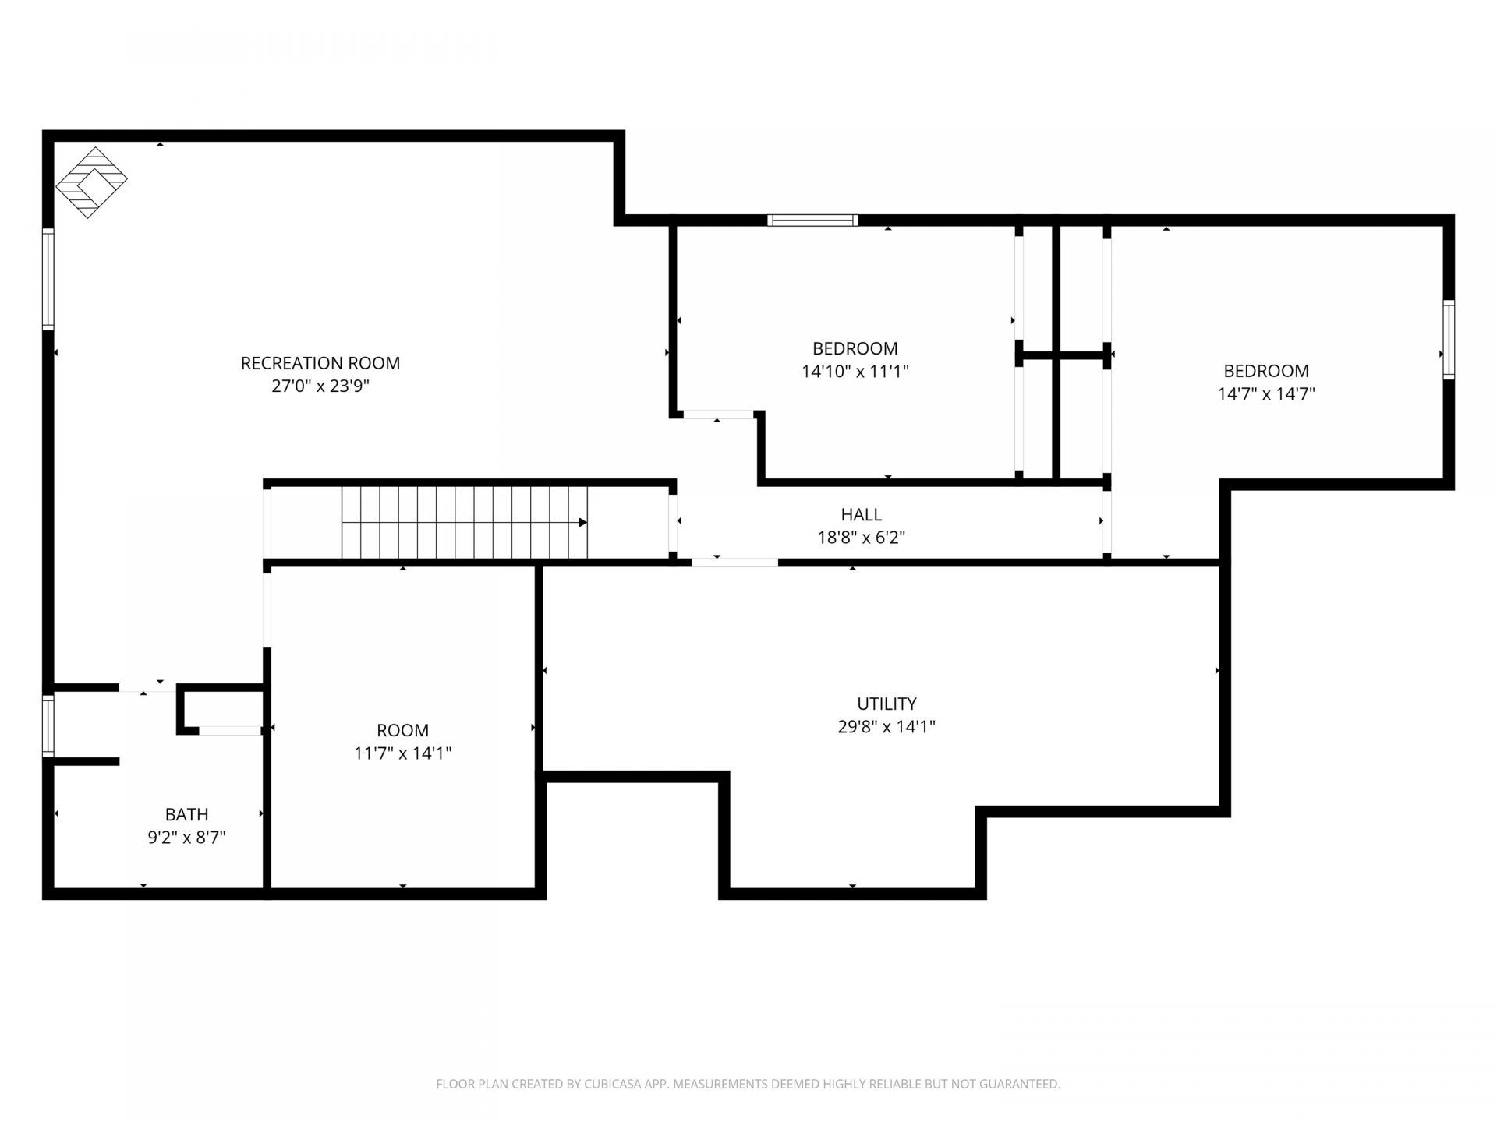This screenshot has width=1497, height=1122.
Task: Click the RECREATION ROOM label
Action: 320,363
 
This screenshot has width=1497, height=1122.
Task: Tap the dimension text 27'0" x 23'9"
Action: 320,386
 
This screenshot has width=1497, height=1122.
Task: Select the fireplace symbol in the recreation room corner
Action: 91,182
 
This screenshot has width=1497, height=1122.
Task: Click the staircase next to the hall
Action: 465,522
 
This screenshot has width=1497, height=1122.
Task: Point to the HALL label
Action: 862,514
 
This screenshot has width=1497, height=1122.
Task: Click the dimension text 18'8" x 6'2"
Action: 862,538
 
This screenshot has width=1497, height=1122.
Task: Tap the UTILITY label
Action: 887,704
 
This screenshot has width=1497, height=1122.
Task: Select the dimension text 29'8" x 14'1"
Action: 887,727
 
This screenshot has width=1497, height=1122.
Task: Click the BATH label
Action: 186,814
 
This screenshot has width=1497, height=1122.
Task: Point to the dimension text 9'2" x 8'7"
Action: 186,838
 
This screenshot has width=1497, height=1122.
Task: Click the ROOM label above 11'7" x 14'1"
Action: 402,730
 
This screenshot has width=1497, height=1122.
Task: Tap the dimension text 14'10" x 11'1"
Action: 855,372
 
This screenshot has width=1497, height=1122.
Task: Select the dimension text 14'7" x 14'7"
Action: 1266,394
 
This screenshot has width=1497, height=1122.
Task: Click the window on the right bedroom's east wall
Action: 1449,340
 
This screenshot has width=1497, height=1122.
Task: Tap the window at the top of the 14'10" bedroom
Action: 812,221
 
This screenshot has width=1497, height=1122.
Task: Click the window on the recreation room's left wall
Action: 48,279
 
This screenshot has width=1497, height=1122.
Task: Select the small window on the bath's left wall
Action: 48,726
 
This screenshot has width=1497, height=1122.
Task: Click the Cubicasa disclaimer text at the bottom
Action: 748,1084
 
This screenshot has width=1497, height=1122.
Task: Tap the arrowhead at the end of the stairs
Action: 582,522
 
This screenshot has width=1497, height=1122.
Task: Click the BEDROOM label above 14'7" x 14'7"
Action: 1266,371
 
